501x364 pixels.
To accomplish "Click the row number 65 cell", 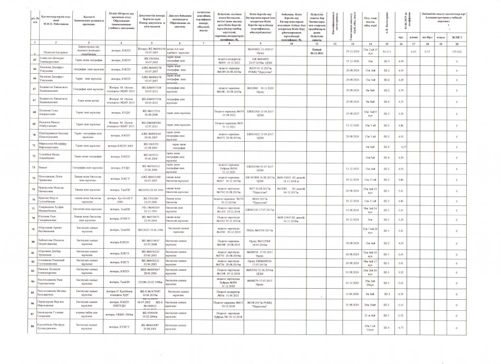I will pos(34,62).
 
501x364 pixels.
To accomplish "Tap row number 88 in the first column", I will pos(34,328).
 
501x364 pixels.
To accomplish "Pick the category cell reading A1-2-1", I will pos(386,52).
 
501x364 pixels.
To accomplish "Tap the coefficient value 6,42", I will pos(414,52).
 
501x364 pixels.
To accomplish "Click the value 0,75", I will pos(428,52).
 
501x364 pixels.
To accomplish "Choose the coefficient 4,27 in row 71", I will pos(404,146).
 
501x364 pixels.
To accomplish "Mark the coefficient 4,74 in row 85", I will pos(401,293).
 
